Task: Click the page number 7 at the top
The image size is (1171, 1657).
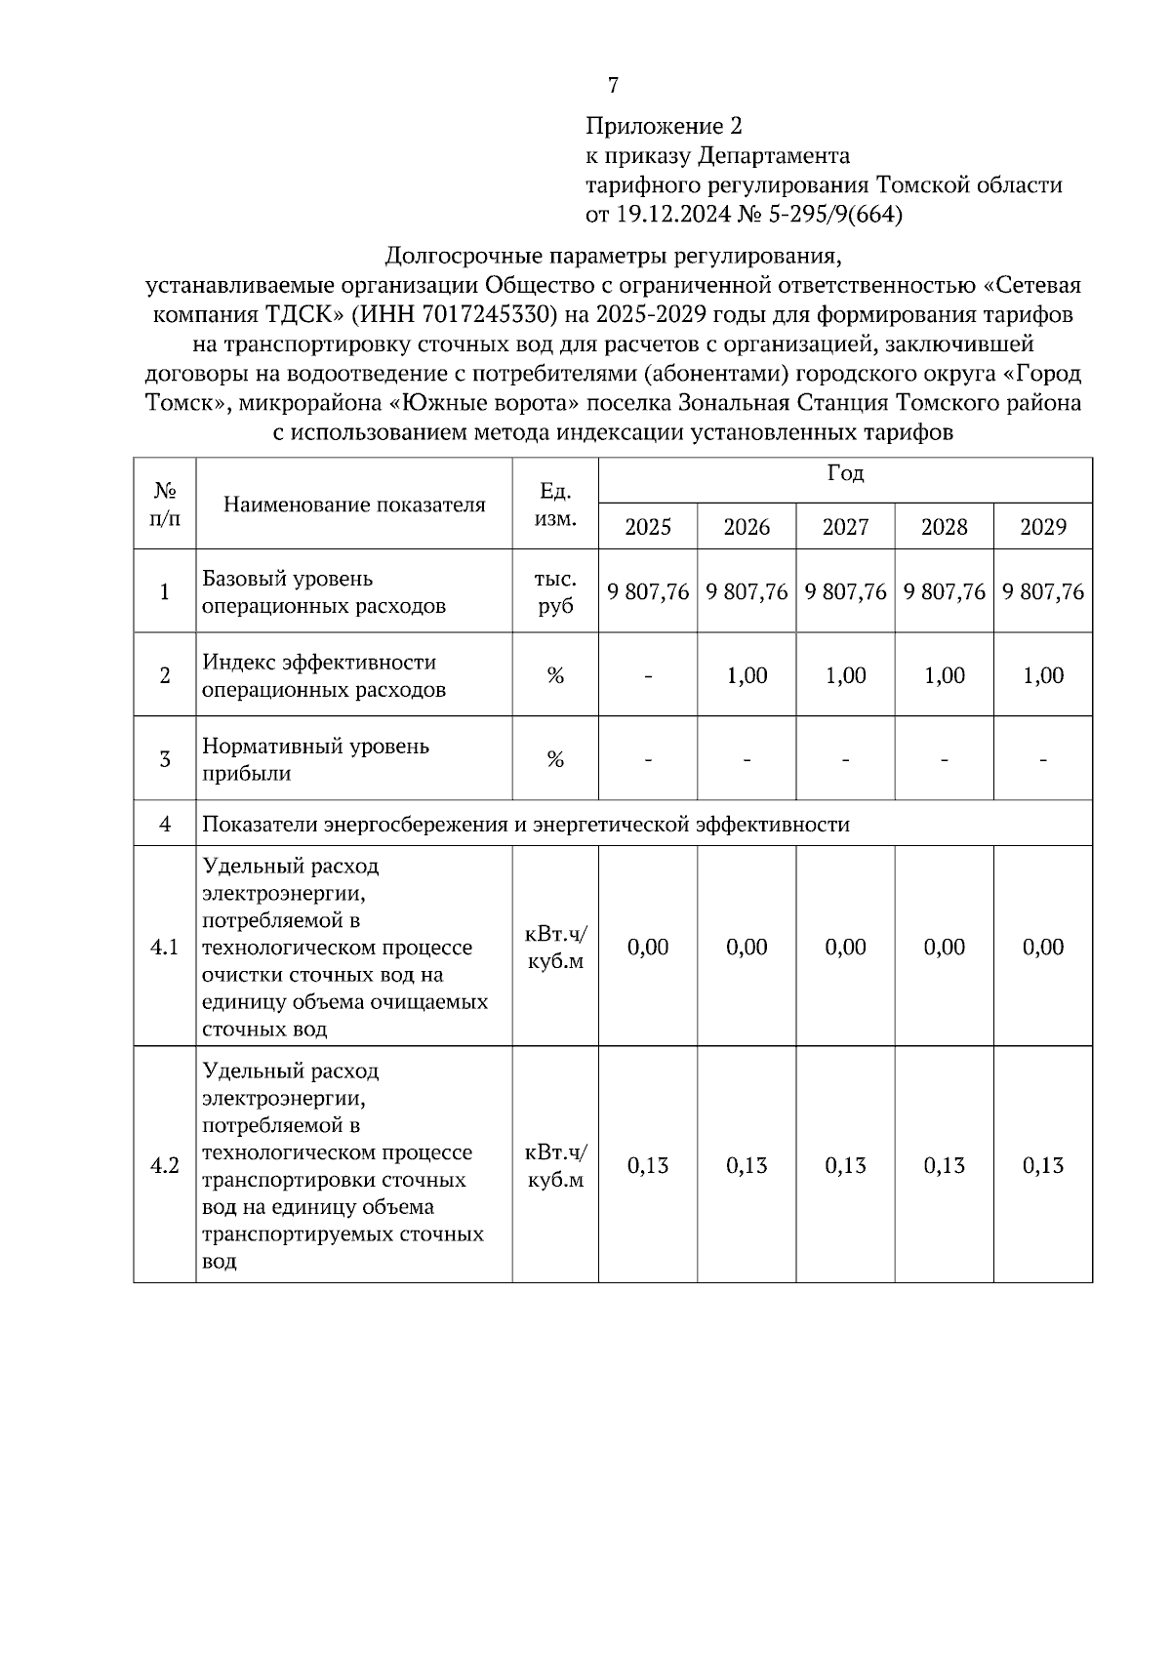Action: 613,86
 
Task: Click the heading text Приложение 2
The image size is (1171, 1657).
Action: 664,126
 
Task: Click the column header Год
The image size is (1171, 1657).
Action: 845,474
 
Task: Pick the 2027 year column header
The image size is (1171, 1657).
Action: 845,528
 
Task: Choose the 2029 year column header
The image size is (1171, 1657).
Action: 1042,528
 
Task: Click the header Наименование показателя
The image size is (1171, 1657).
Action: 354,505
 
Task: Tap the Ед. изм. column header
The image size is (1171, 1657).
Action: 555,505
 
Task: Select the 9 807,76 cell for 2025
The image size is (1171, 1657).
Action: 648,592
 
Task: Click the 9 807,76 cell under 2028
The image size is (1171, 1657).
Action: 945,592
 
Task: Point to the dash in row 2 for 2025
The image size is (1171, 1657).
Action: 648,676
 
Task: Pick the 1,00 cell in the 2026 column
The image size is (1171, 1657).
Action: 747,676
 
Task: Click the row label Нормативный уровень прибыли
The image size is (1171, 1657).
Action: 315,760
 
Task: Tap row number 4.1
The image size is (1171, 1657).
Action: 164,948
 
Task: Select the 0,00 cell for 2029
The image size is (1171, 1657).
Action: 1042,948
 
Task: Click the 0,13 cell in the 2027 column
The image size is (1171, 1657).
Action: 845,1166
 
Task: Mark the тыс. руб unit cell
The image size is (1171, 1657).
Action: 555,592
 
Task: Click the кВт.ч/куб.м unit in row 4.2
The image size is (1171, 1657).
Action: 555,1166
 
